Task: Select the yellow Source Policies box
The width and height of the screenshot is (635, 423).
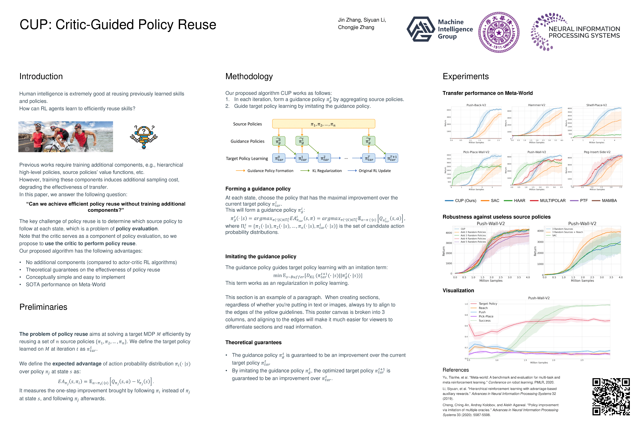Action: (x=323, y=124)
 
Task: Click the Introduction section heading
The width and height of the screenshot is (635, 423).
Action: (x=41, y=77)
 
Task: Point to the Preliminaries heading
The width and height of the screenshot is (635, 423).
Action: (x=43, y=307)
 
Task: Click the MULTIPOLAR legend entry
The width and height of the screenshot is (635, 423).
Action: (x=552, y=201)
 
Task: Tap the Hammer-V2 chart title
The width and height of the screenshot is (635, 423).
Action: (x=537, y=105)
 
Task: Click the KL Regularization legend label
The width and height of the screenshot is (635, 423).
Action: (x=327, y=171)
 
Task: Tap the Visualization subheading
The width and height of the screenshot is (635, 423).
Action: (x=458, y=291)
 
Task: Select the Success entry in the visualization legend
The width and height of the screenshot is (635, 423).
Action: (x=484, y=321)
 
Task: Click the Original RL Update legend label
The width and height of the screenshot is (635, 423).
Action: (x=375, y=171)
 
